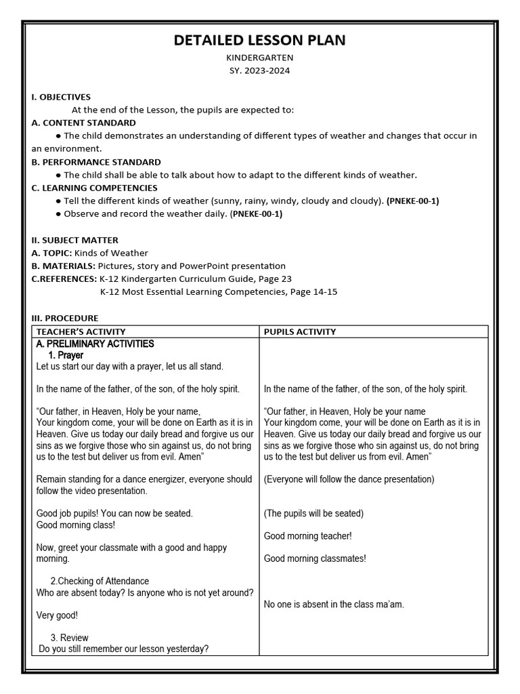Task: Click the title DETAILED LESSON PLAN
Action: (x=259, y=41)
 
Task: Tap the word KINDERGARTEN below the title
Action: (x=259, y=58)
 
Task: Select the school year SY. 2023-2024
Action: (x=259, y=71)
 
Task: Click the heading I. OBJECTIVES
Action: (x=61, y=97)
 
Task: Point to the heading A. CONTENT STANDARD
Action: (x=83, y=123)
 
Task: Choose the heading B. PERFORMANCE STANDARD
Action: (x=96, y=162)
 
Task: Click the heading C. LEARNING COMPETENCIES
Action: (x=94, y=188)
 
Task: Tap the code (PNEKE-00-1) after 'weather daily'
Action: (x=257, y=214)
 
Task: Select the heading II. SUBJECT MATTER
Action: (x=74, y=240)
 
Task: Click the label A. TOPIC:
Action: (x=51, y=253)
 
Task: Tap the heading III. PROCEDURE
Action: (x=64, y=318)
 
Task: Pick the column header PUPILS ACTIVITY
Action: (x=300, y=331)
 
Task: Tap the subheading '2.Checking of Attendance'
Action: (x=100, y=581)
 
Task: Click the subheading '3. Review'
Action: (x=69, y=638)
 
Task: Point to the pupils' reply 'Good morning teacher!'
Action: (x=307, y=536)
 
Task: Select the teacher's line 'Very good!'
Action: (x=57, y=615)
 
